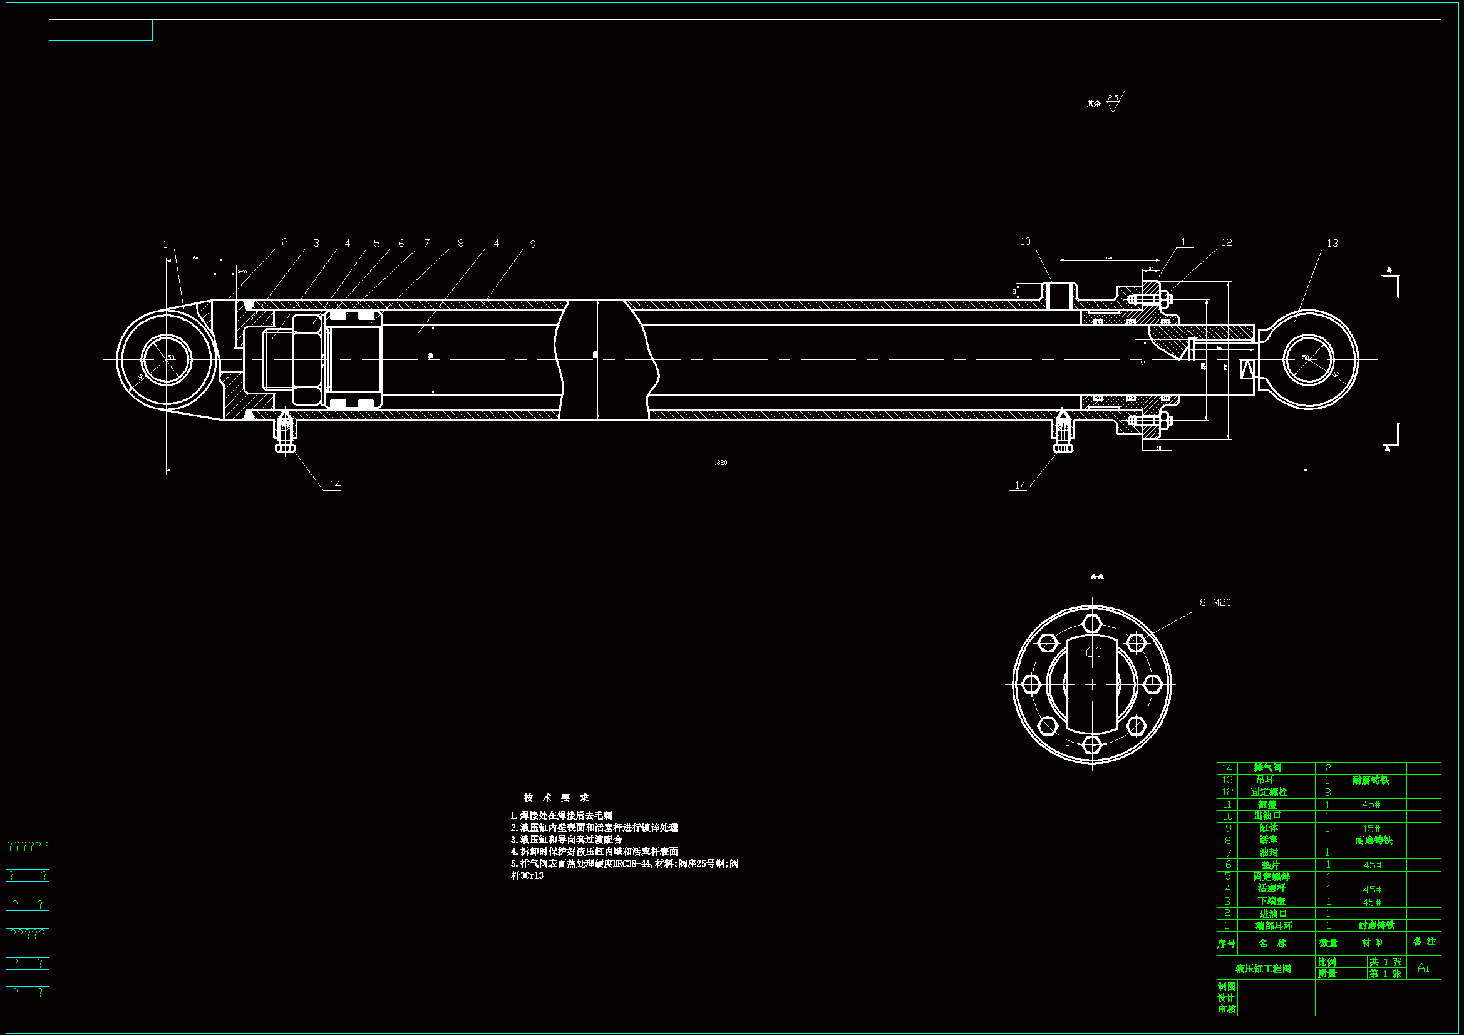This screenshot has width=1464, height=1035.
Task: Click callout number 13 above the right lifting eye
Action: (1332, 243)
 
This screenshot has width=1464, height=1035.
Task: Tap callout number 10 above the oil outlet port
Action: (1024, 241)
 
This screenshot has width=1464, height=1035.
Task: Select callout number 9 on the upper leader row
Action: (532, 244)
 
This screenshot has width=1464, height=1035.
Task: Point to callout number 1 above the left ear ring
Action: (165, 244)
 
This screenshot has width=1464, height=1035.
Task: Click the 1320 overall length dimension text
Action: (721, 462)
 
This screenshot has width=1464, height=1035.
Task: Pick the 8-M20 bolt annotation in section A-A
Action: (1215, 602)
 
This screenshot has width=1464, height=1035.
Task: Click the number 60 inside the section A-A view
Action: (1093, 652)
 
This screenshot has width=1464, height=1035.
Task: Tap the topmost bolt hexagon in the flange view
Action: (1091, 622)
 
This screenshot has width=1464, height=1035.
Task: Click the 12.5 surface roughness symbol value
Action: (1111, 98)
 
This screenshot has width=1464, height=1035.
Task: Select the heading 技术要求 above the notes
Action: (556, 798)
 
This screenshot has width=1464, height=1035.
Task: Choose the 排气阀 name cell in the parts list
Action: (1267, 768)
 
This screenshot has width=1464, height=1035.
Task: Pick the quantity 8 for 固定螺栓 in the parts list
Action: (1328, 792)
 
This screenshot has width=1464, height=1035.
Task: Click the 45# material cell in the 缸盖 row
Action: (1371, 805)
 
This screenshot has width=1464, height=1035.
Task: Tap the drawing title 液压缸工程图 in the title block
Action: (1263, 969)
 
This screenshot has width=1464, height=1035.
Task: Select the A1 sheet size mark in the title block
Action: (1423, 968)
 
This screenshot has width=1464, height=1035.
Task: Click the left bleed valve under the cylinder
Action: (284, 434)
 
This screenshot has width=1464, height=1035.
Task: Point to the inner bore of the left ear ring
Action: (166, 359)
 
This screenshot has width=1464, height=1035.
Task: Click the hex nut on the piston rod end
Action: (307, 359)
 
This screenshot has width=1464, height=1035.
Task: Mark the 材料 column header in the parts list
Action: (1373, 942)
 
